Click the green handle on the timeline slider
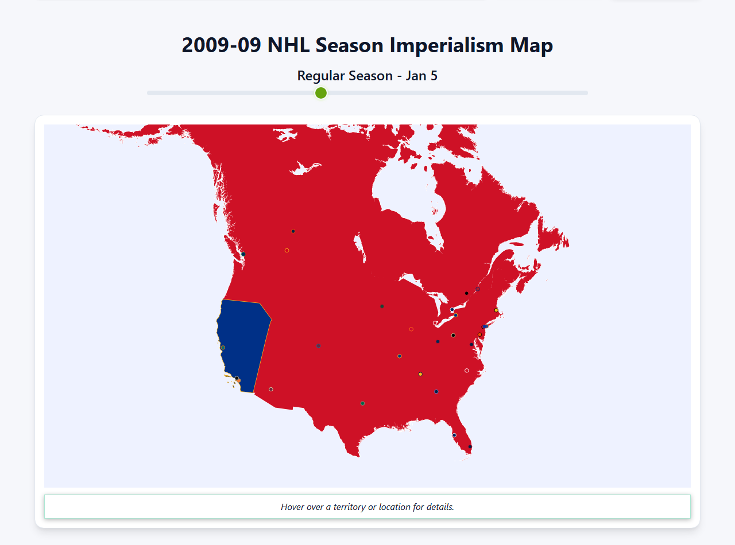point(321,93)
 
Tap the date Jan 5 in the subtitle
point(421,76)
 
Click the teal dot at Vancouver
point(243,254)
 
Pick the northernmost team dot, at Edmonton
point(293,231)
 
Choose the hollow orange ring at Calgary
point(287,250)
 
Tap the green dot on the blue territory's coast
point(223,348)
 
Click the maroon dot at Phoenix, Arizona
point(271,389)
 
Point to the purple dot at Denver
point(318,345)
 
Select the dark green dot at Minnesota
point(382,306)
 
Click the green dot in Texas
point(362,403)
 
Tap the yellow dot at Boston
point(496,310)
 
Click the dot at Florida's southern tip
point(470,446)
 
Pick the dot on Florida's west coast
point(454,435)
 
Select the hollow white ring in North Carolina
point(466,371)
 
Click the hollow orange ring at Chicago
point(411,329)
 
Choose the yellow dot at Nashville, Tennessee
point(420,374)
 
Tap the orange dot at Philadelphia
point(479,334)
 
